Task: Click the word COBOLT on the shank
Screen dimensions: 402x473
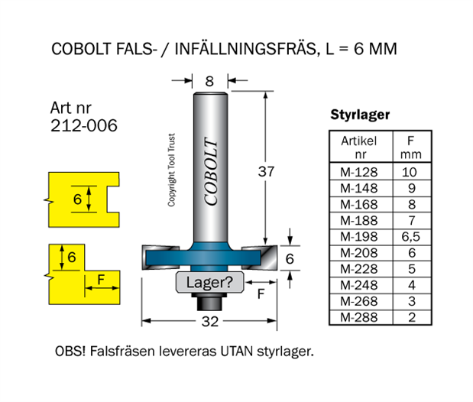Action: pyautogui.click(x=211, y=172)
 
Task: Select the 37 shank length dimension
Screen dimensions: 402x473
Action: pyautogui.click(x=266, y=172)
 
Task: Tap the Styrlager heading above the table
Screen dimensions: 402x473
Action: pyautogui.click(x=360, y=115)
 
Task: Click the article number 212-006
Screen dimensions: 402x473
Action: pyautogui.click(x=84, y=125)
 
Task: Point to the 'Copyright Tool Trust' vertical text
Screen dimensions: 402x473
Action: pyautogui.click(x=173, y=167)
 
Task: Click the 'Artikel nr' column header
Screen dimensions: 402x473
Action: pyautogui.click(x=359, y=148)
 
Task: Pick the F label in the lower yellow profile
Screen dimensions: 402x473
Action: pyautogui.click(x=101, y=280)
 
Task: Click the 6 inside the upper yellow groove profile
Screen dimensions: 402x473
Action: pyautogui.click(x=77, y=198)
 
